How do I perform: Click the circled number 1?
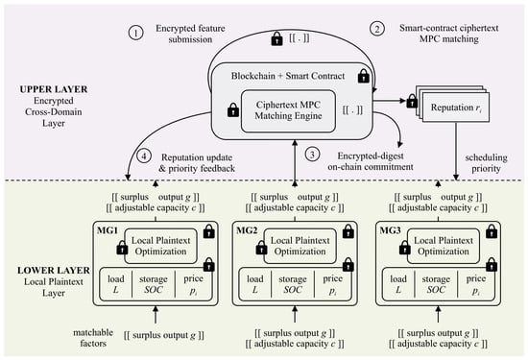pos(135,33)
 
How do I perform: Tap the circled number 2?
pos(377,29)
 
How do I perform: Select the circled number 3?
pos(312,155)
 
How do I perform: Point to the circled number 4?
pos(144,156)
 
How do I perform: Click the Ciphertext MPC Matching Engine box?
pos(288,110)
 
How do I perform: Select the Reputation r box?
pos(456,108)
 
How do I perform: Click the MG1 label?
pos(108,230)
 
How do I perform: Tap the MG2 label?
pos(247,230)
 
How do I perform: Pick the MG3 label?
pos(391,230)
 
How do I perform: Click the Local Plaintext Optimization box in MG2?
pos(300,246)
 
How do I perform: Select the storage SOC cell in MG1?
pos(154,284)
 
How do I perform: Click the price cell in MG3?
pos(476,284)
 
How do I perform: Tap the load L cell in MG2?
pos(255,284)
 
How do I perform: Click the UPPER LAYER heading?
pos(54,89)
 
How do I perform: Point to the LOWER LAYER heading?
pos(54,271)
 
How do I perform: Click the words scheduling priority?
pos(486,163)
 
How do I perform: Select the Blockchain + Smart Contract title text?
pos(288,76)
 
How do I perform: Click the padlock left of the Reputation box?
pos(412,101)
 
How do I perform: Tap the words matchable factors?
pos(93,338)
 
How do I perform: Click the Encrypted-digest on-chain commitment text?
pos(371,161)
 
